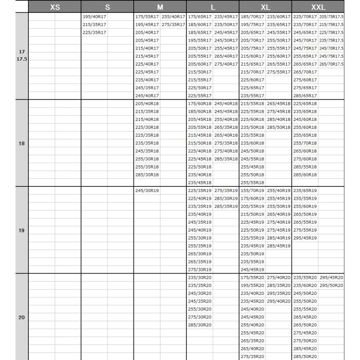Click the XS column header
(x=55, y=7)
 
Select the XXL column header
(x=318, y=7)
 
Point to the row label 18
(x=22, y=144)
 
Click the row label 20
(x=22, y=317)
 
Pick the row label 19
(x=22, y=230)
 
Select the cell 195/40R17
(x=94, y=17)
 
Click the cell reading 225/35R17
(x=94, y=32)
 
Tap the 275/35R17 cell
(x=173, y=24)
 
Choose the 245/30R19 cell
(x=147, y=190)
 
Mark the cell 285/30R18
(x=147, y=174)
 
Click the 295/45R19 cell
(x=305, y=238)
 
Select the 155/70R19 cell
(x=252, y=190)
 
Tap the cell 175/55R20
(x=252, y=277)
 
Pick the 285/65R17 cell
(x=305, y=96)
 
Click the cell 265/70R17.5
(x=331, y=64)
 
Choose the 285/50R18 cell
(x=278, y=127)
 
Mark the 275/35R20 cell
(x=252, y=356)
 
